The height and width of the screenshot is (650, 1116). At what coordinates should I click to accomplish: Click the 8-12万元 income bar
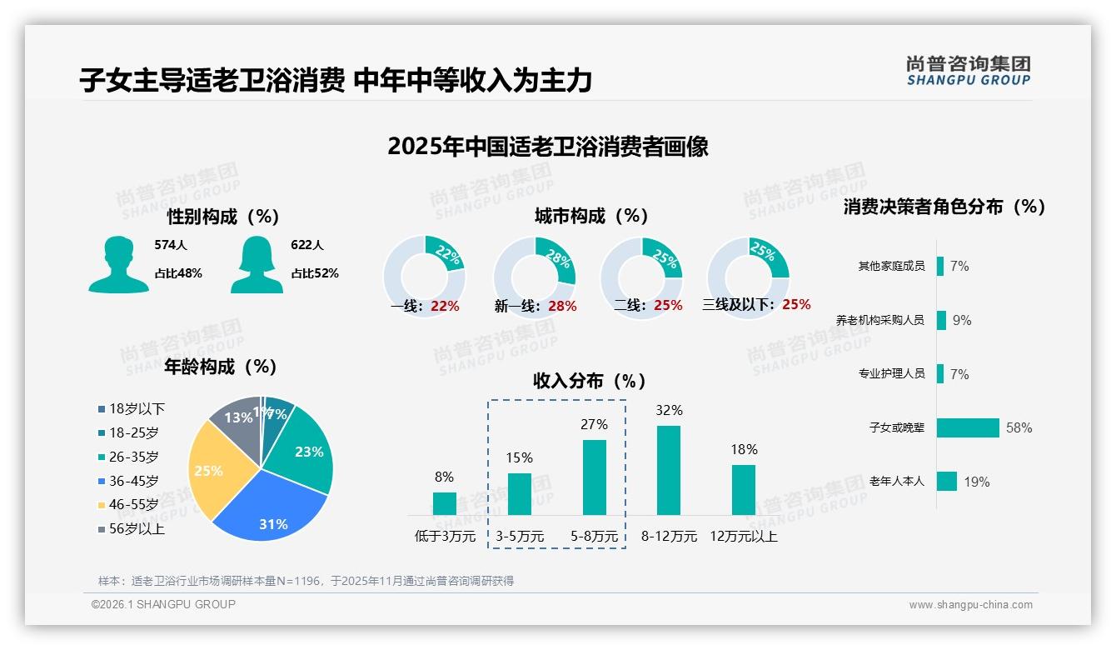tap(669, 471)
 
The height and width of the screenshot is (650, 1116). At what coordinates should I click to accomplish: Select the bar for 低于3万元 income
tap(444, 503)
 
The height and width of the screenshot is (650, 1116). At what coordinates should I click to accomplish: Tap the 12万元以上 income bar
tap(743, 490)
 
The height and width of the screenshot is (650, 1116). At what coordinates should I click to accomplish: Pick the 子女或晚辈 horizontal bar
tap(968, 427)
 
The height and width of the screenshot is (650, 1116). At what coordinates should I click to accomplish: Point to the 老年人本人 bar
tap(947, 481)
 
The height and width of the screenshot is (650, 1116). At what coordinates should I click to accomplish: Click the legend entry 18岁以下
tap(132, 408)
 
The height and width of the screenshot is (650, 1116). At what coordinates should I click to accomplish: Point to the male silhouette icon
tap(118, 264)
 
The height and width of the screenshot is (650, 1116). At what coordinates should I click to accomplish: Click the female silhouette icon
tap(257, 264)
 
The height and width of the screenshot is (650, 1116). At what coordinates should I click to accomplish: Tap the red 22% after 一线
tap(445, 306)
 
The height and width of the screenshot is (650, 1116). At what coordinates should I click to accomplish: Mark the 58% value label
tap(1019, 427)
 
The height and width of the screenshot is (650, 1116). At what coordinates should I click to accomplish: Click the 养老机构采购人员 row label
tap(879, 320)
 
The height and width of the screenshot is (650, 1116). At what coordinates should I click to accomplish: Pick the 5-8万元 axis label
tap(594, 537)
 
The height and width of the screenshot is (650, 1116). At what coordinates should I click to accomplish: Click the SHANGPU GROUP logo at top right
tap(969, 70)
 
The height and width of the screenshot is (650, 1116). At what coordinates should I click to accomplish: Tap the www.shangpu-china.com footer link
tap(970, 605)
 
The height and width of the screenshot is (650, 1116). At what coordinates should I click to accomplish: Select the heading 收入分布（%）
tap(590, 381)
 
